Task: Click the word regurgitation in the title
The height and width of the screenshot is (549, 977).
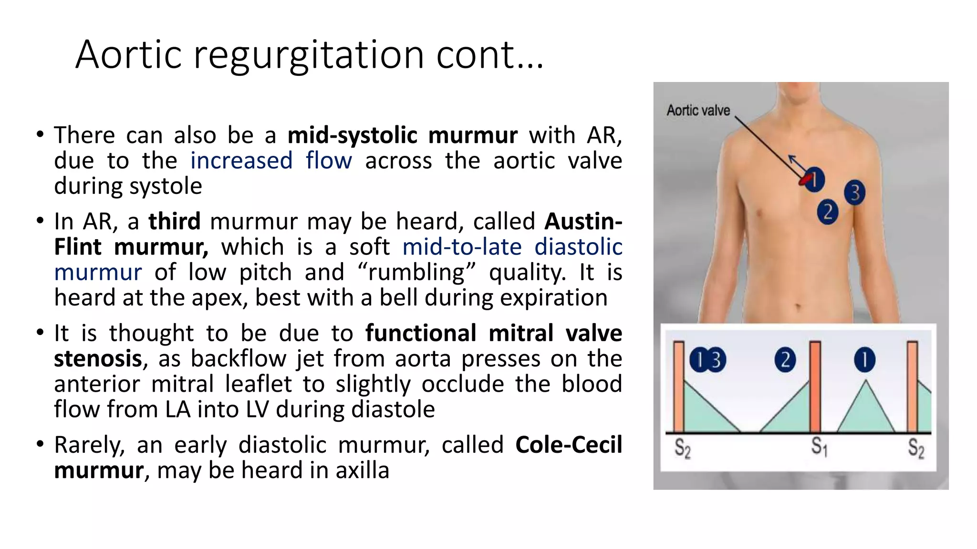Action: [309, 56]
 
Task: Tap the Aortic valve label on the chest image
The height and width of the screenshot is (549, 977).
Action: [698, 111]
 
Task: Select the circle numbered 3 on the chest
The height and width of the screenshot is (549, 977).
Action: [854, 193]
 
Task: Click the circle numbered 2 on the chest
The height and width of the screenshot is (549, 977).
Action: [828, 212]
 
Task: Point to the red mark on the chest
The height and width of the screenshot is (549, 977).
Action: [805, 180]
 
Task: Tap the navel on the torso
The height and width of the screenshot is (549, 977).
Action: [799, 305]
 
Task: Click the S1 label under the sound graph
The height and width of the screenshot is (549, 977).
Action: [819, 447]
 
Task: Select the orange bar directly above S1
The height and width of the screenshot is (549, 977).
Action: [815, 386]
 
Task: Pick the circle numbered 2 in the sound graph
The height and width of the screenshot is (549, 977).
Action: [785, 360]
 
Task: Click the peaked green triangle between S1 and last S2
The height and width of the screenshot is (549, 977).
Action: [865, 410]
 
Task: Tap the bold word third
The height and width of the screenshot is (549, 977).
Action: [174, 222]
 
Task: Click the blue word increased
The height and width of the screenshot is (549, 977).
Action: [241, 161]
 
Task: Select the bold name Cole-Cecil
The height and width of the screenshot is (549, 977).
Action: [568, 445]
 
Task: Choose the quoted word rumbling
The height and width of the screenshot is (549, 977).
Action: [416, 273]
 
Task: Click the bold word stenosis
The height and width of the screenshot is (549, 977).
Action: [98, 359]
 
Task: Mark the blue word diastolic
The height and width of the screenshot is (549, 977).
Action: [578, 247]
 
